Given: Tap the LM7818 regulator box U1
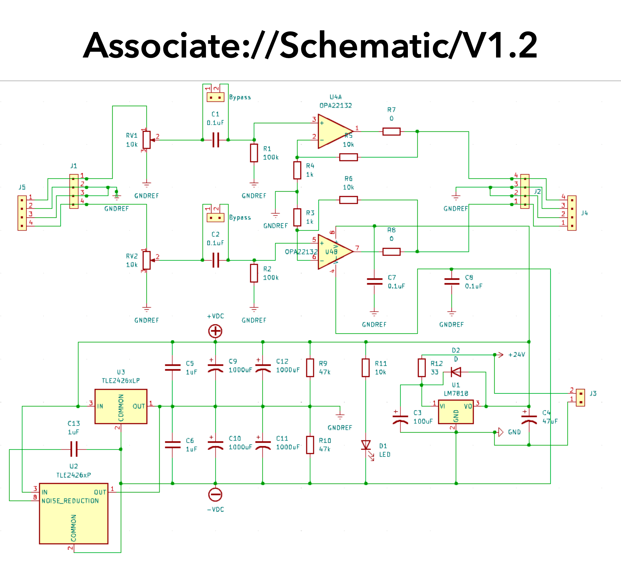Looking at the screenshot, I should click(x=456, y=412).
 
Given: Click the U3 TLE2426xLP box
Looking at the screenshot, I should click(x=121, y=406).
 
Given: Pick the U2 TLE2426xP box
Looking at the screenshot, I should click(x=74, y=514).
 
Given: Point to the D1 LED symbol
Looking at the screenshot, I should click(x=366, y=445).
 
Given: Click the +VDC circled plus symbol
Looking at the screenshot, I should click(x=215, y=331).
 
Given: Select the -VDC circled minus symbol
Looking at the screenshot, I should click(x=215, y=494).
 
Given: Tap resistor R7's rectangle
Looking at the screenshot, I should click(x=391, y=131).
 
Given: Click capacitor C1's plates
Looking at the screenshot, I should click(x=216, y=140).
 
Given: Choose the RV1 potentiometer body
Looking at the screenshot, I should click(x=146, y=140).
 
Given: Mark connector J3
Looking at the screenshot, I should click(x=580, y=398).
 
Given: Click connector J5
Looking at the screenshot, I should click(x=22, y=213).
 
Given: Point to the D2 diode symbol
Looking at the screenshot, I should click(x=456, y=372).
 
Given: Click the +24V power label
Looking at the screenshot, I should click(x=516, y=355).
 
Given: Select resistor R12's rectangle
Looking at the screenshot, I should click(x=422, y=368).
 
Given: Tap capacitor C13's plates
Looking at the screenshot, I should click(x=74, y=449).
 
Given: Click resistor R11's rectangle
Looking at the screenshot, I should click(x=366, y=368).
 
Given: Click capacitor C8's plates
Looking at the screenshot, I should click(x=452, y=281).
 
